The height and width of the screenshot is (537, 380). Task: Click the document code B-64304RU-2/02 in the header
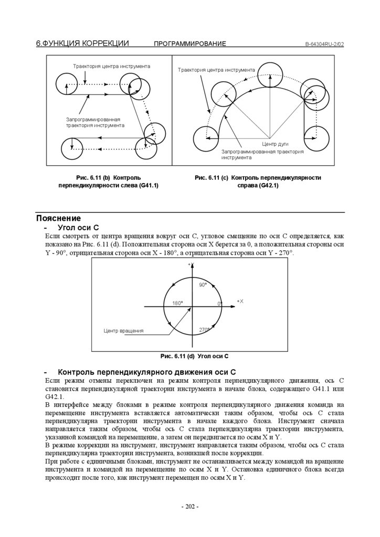click(324, 44)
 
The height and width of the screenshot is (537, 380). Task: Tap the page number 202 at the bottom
click(189, 507)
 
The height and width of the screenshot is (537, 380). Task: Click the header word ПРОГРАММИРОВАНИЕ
click(190, 44)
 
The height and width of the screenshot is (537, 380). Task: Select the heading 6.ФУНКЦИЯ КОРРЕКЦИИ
click(82, 44)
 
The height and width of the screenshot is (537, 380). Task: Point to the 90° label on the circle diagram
click(203, 285)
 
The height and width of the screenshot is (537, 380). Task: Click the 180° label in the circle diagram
click(177, 304)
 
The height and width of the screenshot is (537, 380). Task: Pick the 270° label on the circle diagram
click(204, 330)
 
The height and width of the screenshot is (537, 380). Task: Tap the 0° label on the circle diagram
click(220, 304)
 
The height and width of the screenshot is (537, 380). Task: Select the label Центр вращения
click(123, 331)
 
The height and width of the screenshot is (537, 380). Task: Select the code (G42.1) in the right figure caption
click(268, 186)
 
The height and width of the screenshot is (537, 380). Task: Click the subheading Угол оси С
click(78, 228)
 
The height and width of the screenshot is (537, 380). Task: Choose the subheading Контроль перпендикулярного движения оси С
click(147, 372)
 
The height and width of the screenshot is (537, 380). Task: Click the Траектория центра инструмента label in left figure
click(111, 66)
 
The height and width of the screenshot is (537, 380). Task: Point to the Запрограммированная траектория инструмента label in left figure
click(94, 123)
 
